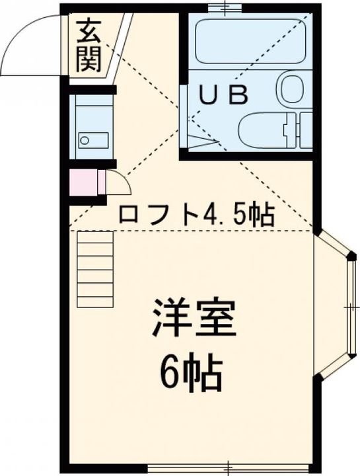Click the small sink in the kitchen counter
pos(92,139)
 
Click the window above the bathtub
pos(225,8)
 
